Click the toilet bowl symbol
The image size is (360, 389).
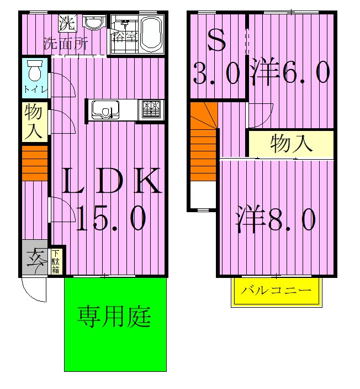[x=35, y=71]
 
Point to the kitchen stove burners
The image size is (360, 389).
[x=151, y=109]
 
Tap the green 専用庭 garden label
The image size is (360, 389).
[x=114, y=317]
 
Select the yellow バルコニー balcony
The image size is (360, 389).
[x=277, y=291]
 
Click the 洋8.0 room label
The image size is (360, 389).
[x=276, y=220]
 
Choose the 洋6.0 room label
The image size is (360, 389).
[x=290, y=72]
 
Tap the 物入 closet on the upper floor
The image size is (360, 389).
[x=291, y=143]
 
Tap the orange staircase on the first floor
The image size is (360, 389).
[x=35, y=163]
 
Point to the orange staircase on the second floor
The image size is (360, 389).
[x=203, y=142]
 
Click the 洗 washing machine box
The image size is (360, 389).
[x=67, y=23]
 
